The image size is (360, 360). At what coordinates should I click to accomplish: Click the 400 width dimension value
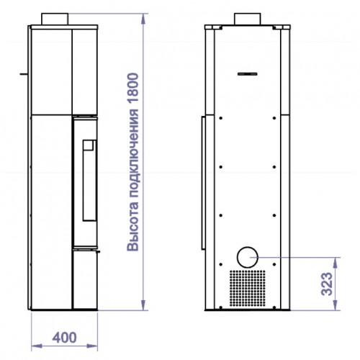[65, 337]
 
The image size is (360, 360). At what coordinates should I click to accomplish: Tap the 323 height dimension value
[327, 284]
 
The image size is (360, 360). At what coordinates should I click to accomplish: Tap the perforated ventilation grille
[248, 288]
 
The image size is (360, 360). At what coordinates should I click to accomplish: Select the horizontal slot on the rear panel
[248, 74]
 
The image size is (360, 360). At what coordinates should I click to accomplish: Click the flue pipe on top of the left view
[55, 19]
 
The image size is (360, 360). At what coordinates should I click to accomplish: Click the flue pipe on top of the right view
[248, 19]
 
